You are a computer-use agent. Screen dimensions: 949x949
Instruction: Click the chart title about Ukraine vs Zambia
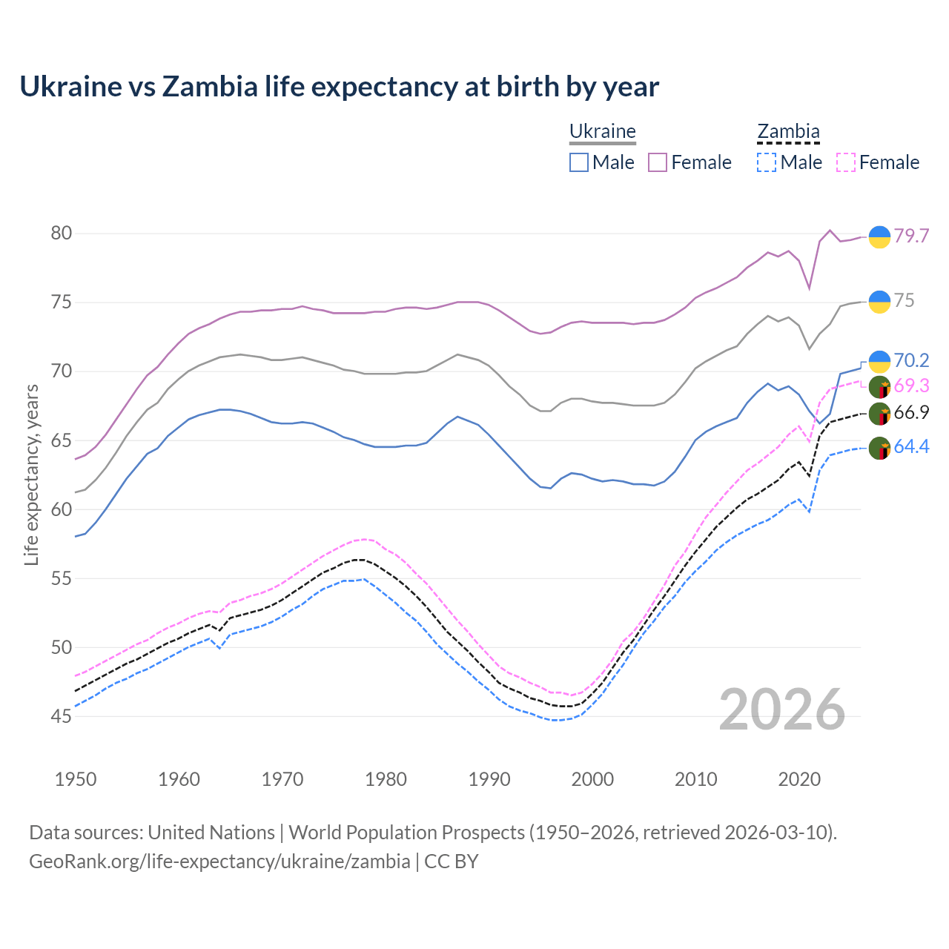pyautogui.click(x=339, y=87)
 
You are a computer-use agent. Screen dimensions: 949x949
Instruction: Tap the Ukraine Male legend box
pyautogui.click(x=579, y=162)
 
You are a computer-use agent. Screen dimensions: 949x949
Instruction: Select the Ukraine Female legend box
pyautogui.click(x=658, y=162)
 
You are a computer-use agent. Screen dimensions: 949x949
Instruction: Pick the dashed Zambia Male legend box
pyautogui.click(x=767, y=162)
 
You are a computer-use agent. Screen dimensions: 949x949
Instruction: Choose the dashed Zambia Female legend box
pyautogui.click(x=846, y=162)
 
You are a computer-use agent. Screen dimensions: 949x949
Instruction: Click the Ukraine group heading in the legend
pyautogui.click(x=602, y=132)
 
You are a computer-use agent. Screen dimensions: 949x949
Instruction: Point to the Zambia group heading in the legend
pyautogui.click(x=788, y=132)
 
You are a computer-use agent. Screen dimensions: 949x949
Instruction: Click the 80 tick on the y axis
pyautogui.click(x=62, y=233)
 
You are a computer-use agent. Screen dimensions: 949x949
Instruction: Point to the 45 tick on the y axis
pyautogui.click(x=62, y=716)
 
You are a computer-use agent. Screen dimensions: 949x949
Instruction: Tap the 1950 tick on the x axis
pyautogui.click(x=76, y=779)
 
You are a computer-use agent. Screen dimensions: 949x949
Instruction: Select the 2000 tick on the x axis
pyautogui.click(x=592, y=779)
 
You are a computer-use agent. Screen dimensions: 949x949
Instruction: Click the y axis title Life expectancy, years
pyautogui.click(x=31, y=474)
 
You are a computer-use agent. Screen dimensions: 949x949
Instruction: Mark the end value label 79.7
pyautogui.click(x=911, y=236)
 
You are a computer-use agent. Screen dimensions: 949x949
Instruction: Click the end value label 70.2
pyautogui.click(x=911, y=360)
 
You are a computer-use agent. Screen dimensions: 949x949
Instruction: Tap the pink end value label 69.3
pyautogui.click(x=911, y=386)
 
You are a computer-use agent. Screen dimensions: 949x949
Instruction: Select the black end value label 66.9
pyautogui.click(x=911, y=413)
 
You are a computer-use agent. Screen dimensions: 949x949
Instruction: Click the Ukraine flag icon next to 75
pyautogui.click(x=879, y=302)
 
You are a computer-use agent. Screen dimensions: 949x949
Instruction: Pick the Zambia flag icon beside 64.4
pyautogui.click(x=879, y=449)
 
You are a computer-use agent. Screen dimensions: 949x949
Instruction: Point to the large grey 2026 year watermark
pyautogui.click(x=782, y=710)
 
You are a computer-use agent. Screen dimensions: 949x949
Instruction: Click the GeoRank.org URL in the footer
pyautogui.click(x=219, y=862)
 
